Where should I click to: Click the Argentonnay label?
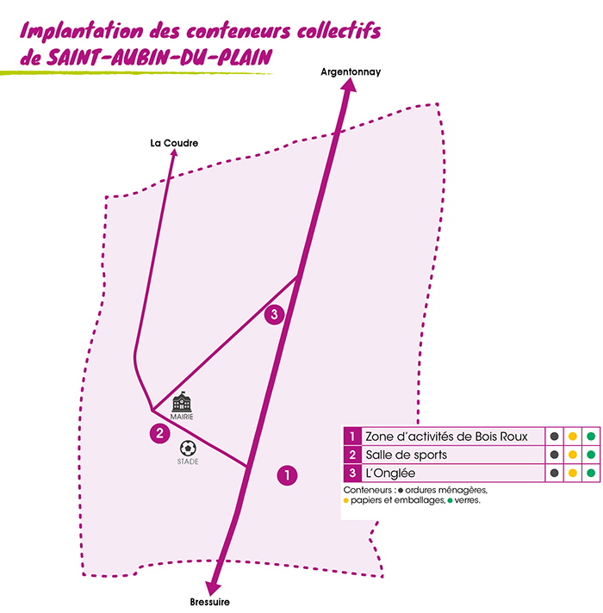click(x=350, y=73)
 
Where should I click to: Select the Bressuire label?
click(x=210, y=602)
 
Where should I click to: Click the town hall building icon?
click(x=182, y=402)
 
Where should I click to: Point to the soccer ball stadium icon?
click(x=188, y=449)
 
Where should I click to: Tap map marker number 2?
click(x=159, y=434)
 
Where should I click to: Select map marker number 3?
click(x=274, y=314)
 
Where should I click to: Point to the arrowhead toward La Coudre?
click(x=173, y=156)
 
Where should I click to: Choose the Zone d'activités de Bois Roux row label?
click(x=446, y=436)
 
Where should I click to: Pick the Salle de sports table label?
click(x=406, y=455)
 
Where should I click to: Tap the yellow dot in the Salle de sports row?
click(x=572, y=455)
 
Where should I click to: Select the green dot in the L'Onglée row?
click(x=591, y=473)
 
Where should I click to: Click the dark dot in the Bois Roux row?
click(x=554, y=436)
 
